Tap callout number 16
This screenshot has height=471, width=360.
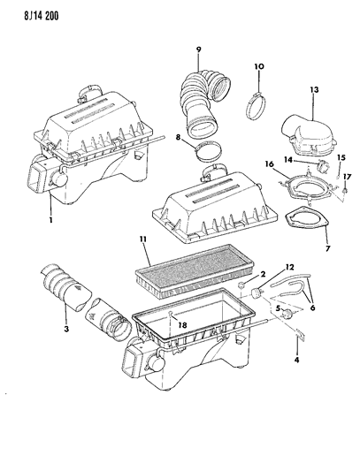[x=268, y=164]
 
